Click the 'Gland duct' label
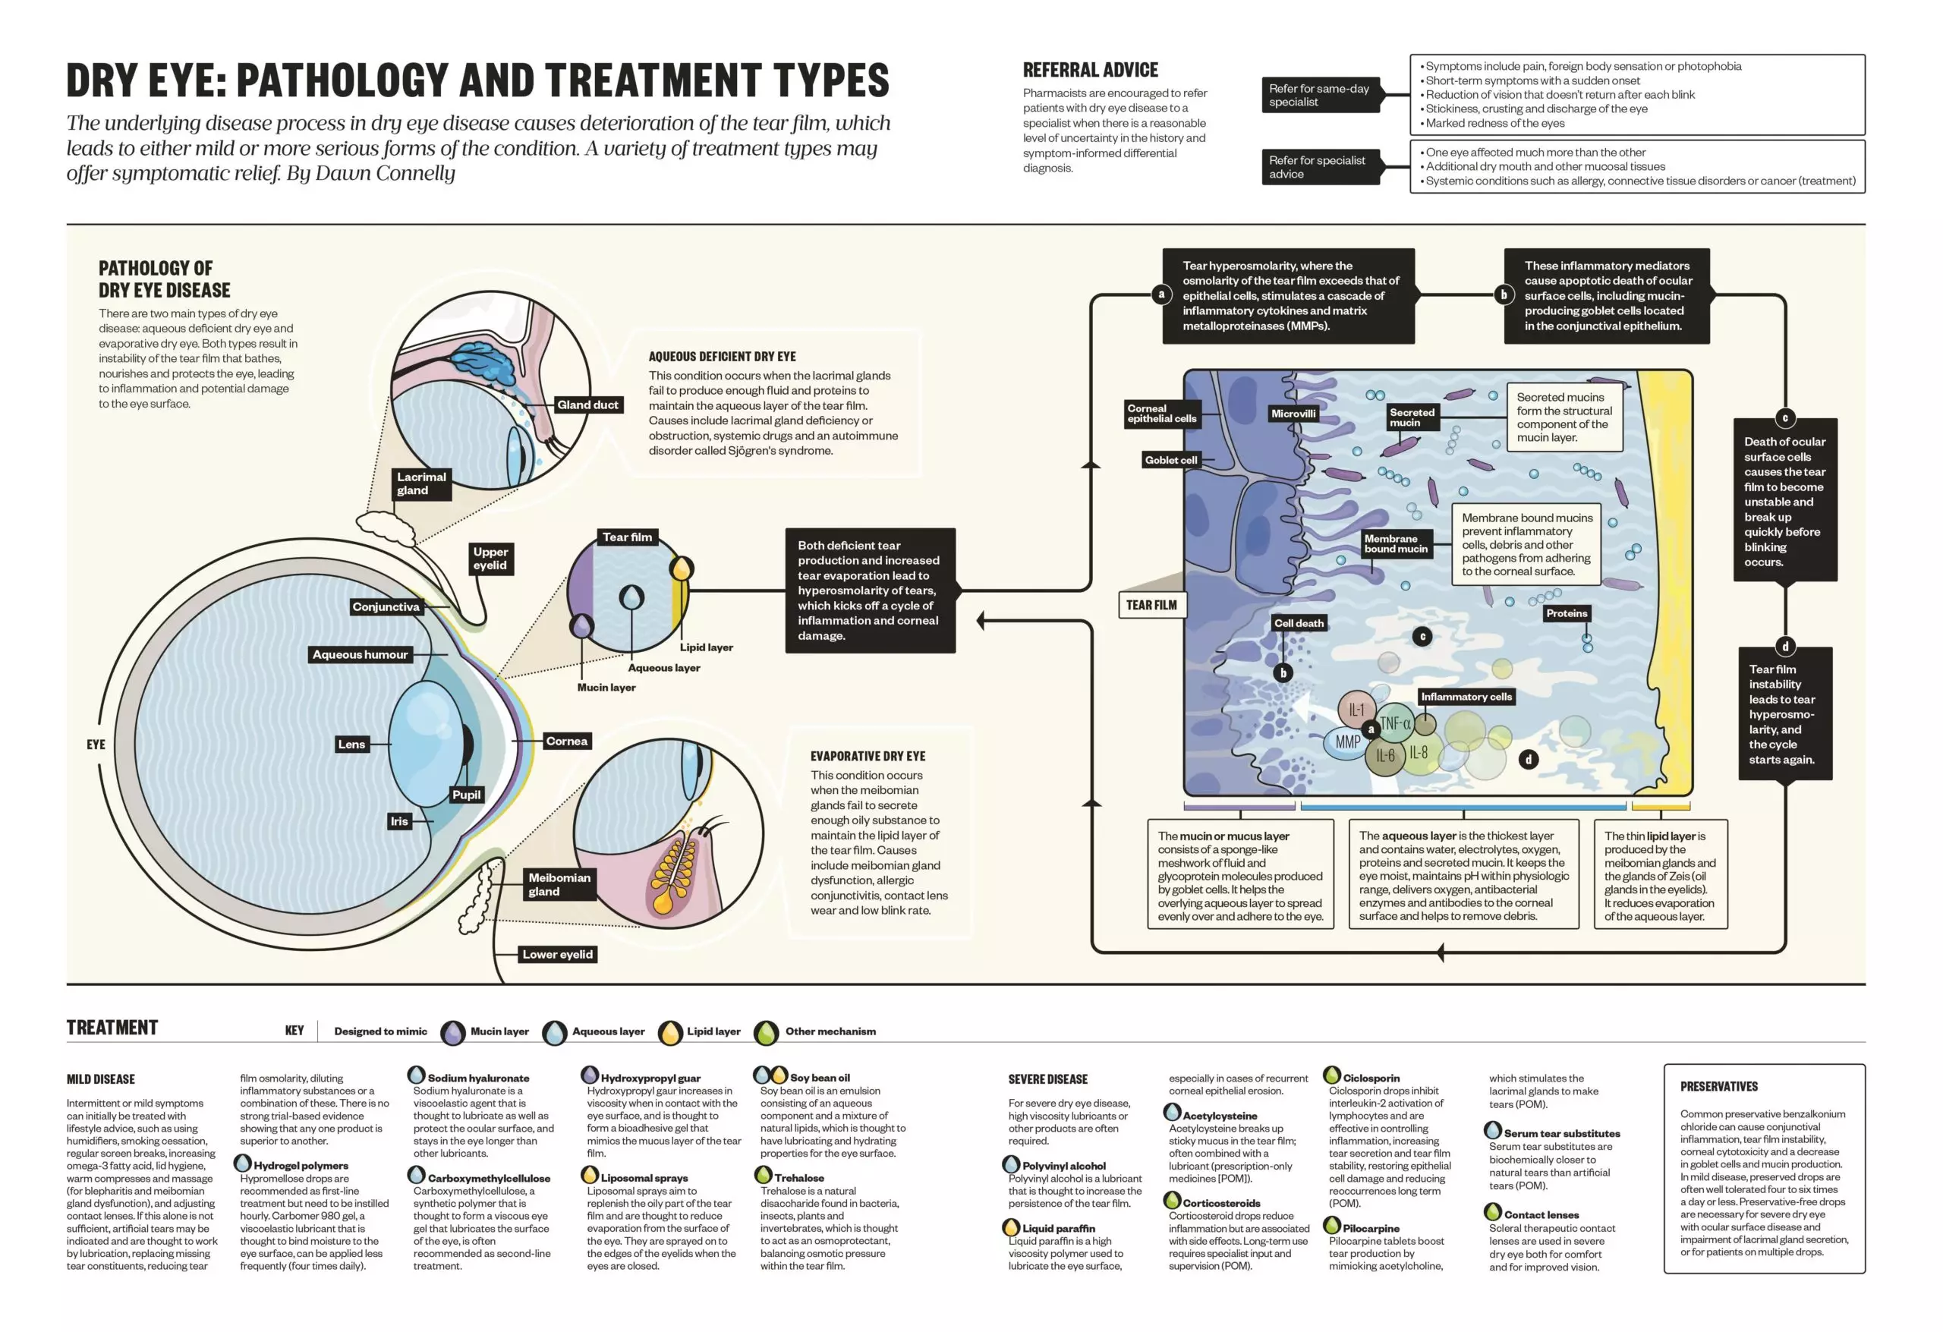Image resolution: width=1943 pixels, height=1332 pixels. [x=587, y=405]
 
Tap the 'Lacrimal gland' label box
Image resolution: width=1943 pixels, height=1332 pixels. [x=421, y=483]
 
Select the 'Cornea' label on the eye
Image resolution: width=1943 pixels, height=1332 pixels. [x=566, y=741]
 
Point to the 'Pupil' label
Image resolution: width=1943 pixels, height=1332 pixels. [x=467, y=795]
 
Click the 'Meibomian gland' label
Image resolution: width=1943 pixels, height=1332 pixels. [x=559, y=883]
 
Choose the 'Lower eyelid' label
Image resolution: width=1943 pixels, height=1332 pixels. [x=557, y=954]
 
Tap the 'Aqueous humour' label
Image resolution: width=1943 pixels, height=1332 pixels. [x=360, y=655]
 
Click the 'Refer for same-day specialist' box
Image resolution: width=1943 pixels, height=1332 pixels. [x=1320, y=96]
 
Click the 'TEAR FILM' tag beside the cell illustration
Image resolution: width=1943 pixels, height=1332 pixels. [x=1151, y=605]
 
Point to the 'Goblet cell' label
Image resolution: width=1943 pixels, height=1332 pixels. [x=1170, y=460]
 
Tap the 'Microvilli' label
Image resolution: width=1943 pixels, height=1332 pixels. [x=1293, y=413]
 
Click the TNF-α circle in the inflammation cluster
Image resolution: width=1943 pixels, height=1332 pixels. [x=1394, y=723]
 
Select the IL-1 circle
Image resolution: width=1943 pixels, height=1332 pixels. [x=1356, y=709]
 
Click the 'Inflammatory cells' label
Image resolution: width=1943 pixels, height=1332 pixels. [x=1466, y=697]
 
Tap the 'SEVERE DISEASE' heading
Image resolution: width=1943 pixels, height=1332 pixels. [x=1047, y=1079]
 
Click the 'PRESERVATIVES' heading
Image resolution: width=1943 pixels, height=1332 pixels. [x=1718, y=1086]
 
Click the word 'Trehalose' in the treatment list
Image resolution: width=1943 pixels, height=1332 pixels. [x=798, y=1177]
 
